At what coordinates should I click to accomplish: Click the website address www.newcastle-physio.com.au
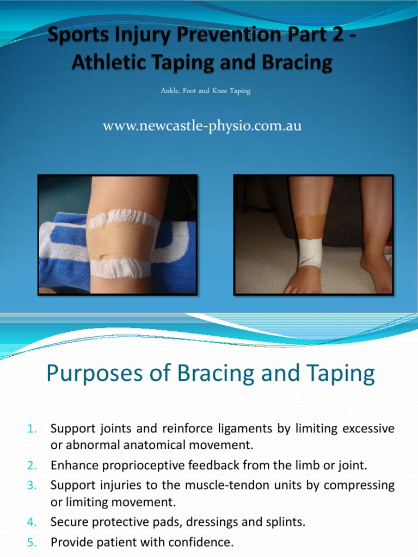[x=202, y=127]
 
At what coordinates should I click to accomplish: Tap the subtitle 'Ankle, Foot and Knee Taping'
[x=205, y=91]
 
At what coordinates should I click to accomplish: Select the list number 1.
[x=31, y=429]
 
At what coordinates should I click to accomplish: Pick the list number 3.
[x=31, y=485]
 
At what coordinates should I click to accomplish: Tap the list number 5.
[x=31, y=542]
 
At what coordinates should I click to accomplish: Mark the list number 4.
[x=31, y=523]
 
